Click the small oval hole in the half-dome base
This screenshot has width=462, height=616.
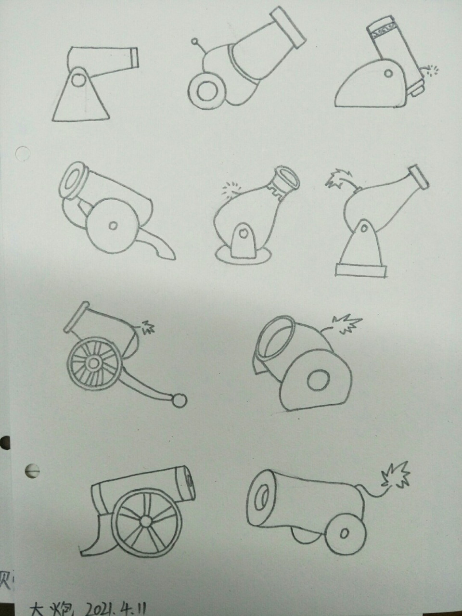tap(387, 74)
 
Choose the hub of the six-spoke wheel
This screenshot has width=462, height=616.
tap(145, 522)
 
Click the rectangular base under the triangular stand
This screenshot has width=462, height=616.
tap(361, 269)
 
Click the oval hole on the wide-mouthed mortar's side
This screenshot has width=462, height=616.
tap(316, 380)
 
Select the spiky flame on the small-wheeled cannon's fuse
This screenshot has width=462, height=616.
tap(396, 475)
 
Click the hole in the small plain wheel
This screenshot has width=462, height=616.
tap(344, 533)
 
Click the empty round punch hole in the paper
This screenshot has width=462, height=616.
tap(22, 154)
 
